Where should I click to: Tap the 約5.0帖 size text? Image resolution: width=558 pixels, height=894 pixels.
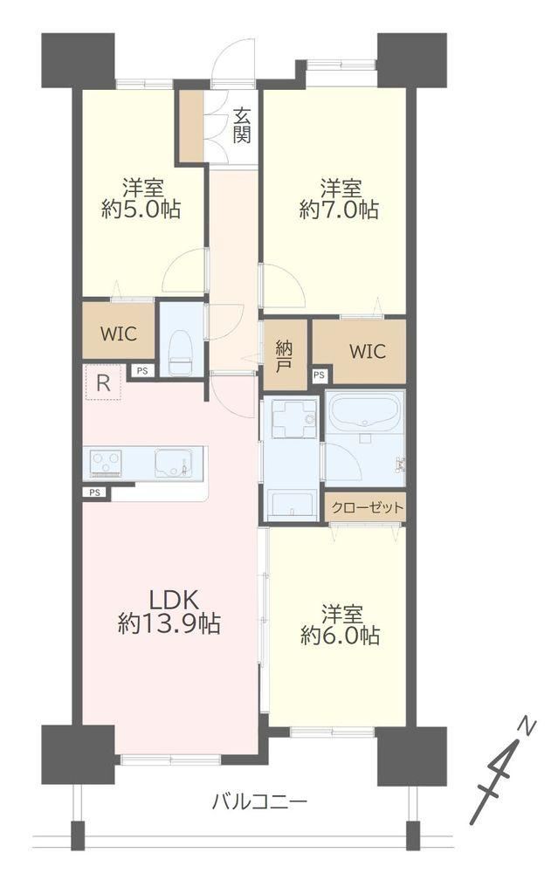point(141,210)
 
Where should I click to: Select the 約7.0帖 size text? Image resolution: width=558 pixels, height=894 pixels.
point(339,210)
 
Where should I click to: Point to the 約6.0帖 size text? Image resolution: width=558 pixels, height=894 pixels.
point(341,636)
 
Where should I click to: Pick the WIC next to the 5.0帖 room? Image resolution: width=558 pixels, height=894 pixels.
point(119,334)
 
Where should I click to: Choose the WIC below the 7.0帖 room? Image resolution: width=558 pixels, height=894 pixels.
point(368,351)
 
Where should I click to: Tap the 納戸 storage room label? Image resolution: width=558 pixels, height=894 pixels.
point(284,356)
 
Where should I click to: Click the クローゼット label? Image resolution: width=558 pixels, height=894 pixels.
point(367,507)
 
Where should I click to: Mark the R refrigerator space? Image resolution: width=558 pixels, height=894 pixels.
point(103,383)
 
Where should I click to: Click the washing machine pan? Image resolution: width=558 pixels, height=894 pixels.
point(293,419)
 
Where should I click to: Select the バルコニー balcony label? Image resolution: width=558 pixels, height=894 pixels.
point(259,802)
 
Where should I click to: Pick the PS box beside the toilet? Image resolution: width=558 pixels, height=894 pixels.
point(142,370)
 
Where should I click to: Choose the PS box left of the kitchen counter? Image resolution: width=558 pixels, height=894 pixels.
point(94,492)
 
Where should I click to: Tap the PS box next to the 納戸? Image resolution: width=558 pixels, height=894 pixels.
point(319,375)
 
